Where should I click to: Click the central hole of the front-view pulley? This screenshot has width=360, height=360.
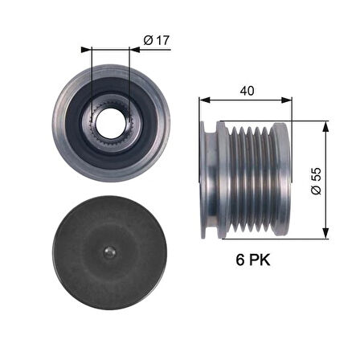click(x=110, y=121)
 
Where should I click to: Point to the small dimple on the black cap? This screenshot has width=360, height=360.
click(x=110, y=252)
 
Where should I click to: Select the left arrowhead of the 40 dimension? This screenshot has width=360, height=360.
click(x=203, y=100)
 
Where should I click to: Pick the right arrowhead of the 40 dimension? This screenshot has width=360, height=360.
click(x=288, y=100)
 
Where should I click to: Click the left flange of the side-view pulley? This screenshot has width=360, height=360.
click(x=211, y=181)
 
